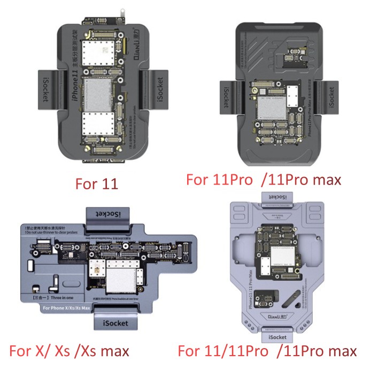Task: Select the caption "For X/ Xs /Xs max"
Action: [x=69, y=351]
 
